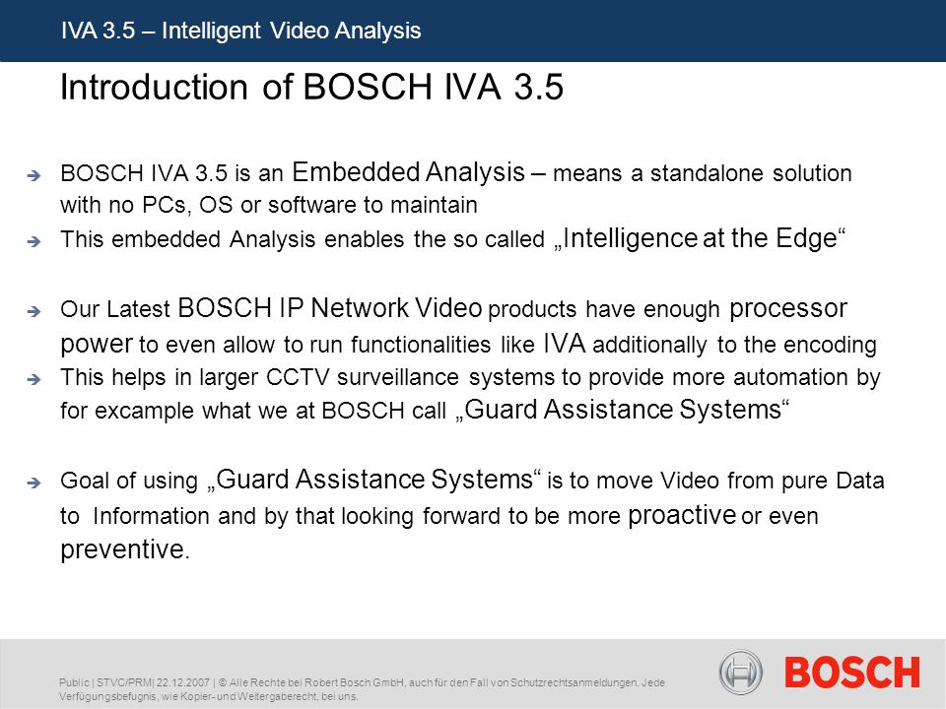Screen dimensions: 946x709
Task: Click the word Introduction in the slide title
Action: coord(154,87)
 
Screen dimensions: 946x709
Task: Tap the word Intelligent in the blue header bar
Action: coord(211,31)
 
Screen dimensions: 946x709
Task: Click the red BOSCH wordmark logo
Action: coord(851,673)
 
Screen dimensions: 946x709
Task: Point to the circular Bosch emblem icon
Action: coord(741,672)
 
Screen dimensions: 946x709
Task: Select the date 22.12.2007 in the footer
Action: coord(183,682)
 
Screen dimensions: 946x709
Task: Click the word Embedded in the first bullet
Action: coord(356,172)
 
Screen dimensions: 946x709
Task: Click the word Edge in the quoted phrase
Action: coord(807,238)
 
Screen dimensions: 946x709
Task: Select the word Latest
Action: coord(139,309)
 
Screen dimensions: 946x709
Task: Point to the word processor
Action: coord(788,308)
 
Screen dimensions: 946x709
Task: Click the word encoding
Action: coord(830,346)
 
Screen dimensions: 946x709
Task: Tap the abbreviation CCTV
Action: coord(298,377)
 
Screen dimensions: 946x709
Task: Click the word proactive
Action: coord(682,515)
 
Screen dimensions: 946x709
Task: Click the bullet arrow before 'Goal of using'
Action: coord(34,483)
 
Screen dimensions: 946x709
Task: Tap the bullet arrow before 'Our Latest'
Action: coord(34,311)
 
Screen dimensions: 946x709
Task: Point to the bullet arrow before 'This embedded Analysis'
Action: coord(34,241)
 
